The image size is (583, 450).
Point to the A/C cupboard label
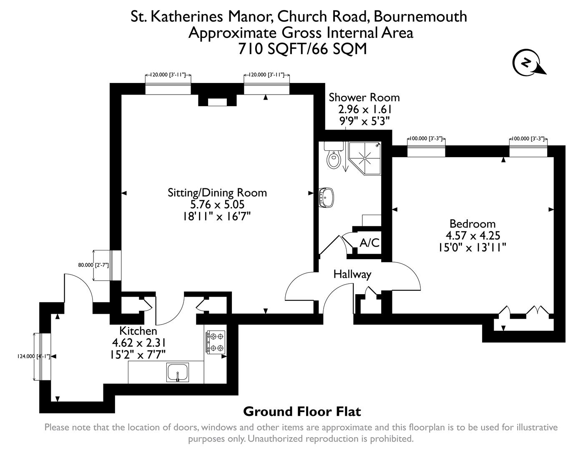click(x=369, y=243)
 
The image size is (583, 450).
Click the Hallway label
click(x=352, y=275)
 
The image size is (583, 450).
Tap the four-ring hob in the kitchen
click(x=215, y=342)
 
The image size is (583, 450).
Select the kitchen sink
click(x=178, y=372)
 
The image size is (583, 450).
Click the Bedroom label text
click(x=472, y=224)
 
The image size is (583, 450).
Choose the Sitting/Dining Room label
click(x=217, y=192)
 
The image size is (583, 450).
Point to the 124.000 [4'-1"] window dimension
click(x=33, y=357)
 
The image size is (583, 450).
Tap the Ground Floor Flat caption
click(x=302, y=412)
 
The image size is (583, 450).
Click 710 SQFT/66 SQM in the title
click(x=302, y=49)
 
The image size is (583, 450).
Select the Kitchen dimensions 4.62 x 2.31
click(x=139, y=342)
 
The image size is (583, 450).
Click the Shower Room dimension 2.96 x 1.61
click(x=364, y=109)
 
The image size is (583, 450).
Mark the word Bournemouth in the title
click(x=420, y=16)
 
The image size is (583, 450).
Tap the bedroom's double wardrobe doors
click(x=537, y=310)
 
